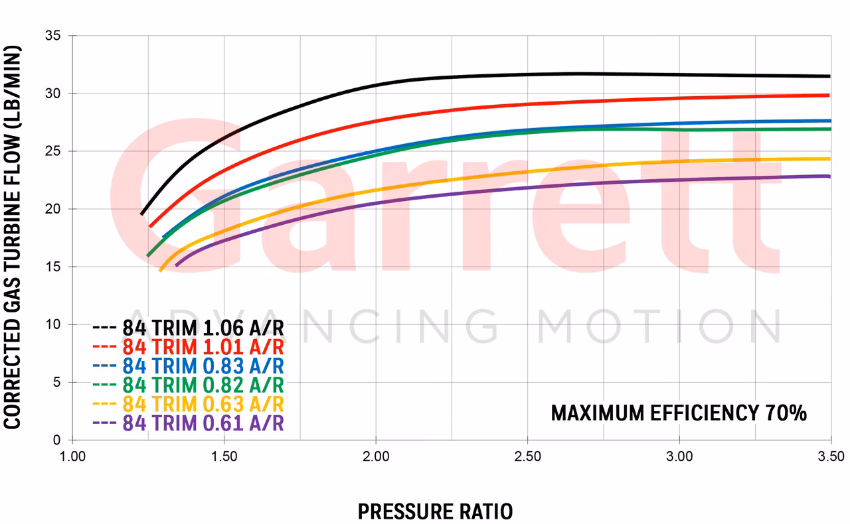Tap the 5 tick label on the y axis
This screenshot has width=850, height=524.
(58, 383)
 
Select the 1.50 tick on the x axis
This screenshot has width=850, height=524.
(224, 456)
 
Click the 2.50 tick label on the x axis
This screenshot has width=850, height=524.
(527, 456)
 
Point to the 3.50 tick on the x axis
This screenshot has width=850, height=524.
(830, 456)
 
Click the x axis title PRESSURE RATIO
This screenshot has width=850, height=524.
(435, 511)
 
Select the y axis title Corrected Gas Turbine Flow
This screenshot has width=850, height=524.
(13, 237)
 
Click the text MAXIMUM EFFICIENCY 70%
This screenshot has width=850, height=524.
(679, 413)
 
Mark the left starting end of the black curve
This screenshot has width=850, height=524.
(141, 214)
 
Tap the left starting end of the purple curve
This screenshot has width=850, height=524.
(176, 265)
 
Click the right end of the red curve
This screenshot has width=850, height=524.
(829, 96)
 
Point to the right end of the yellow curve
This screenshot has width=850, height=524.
(829, 159)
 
